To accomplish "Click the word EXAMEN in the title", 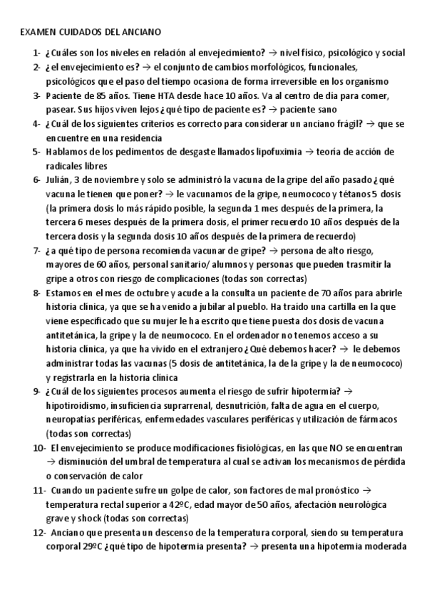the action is [x=36, y=32].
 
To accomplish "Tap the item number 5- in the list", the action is [x=36, y=152].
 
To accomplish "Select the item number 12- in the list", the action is [x=38, y=533].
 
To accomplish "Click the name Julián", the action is [x=58, y=179].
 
